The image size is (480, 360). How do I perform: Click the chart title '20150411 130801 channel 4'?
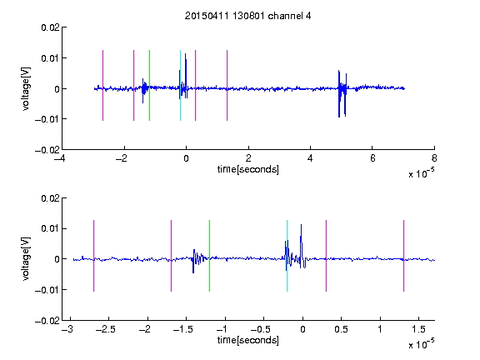pos(247,16)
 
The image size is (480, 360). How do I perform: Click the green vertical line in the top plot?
pos(149,85)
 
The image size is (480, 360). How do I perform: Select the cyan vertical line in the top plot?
pos(180,85)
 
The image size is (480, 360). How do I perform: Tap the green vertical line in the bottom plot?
pos(209,256)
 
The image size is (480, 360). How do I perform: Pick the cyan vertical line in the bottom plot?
pos(287,256)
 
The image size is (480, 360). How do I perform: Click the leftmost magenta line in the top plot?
pos(102,85)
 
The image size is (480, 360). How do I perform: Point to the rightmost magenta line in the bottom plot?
pos(403,256)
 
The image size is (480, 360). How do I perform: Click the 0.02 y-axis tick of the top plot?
pos(50,27)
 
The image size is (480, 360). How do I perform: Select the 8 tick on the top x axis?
pos(434,158)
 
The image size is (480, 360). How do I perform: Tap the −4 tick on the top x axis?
pos(60,158)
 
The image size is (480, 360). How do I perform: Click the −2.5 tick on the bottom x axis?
pos(105,329)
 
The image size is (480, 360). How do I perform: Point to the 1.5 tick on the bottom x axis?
pos(418,329)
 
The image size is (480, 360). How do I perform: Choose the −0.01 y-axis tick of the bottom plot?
pos(47,290)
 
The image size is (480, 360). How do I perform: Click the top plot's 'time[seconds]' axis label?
pos(248,169)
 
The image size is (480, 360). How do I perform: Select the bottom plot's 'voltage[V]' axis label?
pos(27,258)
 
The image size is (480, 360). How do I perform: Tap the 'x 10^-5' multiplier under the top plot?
pos(421,173)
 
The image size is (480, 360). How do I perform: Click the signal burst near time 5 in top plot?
pos(342,93)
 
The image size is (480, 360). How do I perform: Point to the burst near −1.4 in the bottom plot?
pos(197,261)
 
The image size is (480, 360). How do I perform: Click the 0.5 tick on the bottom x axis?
pos(341,329)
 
